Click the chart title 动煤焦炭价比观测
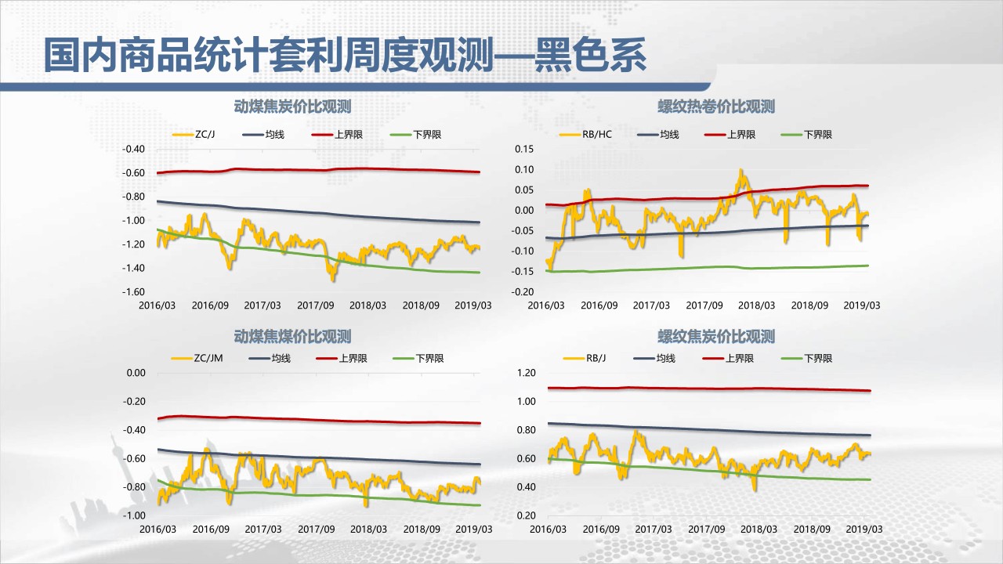[x=292, y=107]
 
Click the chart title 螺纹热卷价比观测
[x=716, y=107]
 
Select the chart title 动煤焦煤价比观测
[x=292, y=337]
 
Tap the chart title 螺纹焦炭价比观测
[x=716, y=337]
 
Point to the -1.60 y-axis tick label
[x=133, y=291]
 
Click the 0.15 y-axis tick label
[x=523, y=149]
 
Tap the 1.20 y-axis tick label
[x=525, y=373]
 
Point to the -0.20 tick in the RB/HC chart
[x=523, y=291]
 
